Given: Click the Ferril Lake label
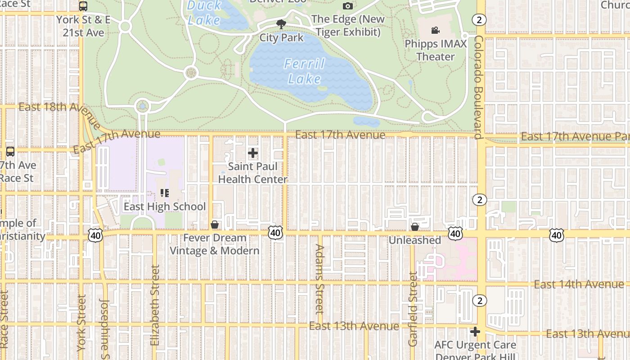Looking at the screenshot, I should (x=305, y=71).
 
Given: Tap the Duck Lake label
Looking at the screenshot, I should (x=204, y=13).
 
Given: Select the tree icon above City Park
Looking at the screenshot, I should (x=282, y=24).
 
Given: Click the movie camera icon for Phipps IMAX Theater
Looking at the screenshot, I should (x=435, y=30).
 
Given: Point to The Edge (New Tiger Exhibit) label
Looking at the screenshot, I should (x=348, y=26).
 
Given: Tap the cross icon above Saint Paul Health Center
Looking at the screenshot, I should (x=253, y=153).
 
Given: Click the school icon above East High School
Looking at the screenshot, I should (x=165, y=193).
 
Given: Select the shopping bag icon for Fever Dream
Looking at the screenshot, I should (x=215, y=224).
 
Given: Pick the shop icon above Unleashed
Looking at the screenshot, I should (x=415, y=226).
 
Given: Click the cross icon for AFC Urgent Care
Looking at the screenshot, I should (x=475, y=332).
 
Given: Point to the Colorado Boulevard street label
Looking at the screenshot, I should (x=478, y=88).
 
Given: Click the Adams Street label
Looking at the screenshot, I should (x=319, y=279).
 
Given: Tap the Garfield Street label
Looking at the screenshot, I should (x=413, y=309).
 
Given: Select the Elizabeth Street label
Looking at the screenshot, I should (x=155, y=305).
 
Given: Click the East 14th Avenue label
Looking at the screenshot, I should (x=579, y=284).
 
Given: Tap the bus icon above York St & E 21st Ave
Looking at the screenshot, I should (x=83, y=6).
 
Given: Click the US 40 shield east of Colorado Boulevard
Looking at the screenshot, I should (x=557, y=235).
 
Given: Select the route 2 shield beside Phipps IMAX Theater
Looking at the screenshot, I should (x=480, y=19).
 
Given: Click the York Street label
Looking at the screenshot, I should (x=81, y=322).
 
